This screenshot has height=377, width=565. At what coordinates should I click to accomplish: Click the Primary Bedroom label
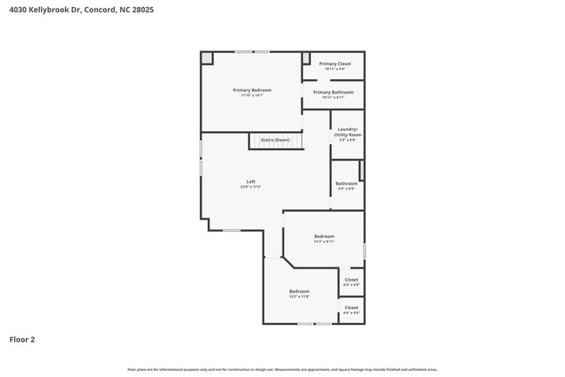[251, 90]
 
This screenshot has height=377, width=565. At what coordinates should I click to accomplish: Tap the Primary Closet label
[335, 63]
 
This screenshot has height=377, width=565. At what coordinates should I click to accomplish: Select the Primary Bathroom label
[333, 92]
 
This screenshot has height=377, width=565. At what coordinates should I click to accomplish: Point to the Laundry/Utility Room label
[348, 131]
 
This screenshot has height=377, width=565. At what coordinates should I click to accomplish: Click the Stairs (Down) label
[276, 140]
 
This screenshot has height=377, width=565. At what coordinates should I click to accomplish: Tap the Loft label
[250, 182]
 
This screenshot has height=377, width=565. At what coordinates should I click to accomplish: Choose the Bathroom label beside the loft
[346, 183]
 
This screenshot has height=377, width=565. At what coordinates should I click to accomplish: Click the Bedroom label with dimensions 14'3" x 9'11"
[324, 236]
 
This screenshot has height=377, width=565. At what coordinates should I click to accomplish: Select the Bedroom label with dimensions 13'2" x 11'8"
[299, 291]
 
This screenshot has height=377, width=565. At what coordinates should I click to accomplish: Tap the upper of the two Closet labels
[351, 280]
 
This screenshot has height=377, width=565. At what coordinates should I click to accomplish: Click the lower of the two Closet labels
[351, 308]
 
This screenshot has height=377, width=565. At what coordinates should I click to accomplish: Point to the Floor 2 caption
[23, 340]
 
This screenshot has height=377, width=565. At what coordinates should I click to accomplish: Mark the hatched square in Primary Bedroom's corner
[207, 58]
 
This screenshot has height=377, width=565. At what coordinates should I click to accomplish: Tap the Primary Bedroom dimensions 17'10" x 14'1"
[251, 96]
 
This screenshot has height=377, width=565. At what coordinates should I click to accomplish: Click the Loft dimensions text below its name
[250, 187]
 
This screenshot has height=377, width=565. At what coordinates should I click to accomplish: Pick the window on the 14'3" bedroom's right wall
[364, 250]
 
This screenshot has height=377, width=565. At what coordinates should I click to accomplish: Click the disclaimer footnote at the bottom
[282, 369]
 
